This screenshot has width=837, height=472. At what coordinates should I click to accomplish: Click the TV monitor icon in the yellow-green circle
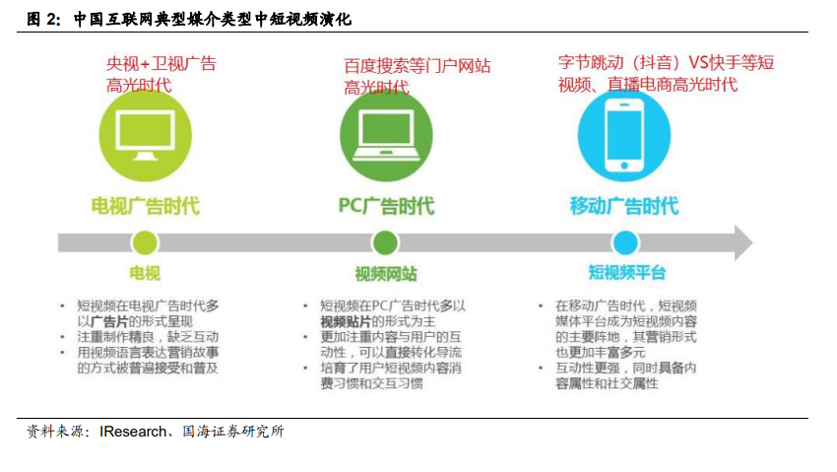[145, 135]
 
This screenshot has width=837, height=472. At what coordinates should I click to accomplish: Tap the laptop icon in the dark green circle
[386, 135]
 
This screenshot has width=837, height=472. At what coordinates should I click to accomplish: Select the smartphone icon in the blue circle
[624, 136]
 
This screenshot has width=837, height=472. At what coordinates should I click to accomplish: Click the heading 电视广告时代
[145, 206]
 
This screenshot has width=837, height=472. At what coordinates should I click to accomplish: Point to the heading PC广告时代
[386, 206]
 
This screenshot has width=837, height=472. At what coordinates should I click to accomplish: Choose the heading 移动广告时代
[624, 206]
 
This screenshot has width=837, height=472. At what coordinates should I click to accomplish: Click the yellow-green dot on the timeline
[145, 243]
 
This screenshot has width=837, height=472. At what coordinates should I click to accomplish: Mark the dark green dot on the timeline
[385, 243]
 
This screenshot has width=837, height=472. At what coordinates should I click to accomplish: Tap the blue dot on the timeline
[625, 243]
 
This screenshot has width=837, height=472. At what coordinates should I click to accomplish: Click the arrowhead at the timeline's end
[743, 243]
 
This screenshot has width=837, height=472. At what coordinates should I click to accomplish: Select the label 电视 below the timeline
[145, 273]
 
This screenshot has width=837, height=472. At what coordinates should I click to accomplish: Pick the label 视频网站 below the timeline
[386, 274]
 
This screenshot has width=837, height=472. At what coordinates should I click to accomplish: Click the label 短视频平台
[626, 272]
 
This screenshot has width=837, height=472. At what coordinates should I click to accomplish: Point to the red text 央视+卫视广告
[161, 63]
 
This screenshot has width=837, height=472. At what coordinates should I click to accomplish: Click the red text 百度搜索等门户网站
[417, 66]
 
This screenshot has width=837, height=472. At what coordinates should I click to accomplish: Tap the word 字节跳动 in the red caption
[591, 62]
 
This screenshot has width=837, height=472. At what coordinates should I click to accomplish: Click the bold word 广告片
[110, 321]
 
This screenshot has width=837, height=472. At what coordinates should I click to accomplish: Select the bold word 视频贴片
[346, 321]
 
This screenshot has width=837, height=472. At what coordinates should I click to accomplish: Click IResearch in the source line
[133, 432]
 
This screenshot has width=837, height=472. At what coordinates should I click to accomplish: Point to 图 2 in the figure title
[42, 20]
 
